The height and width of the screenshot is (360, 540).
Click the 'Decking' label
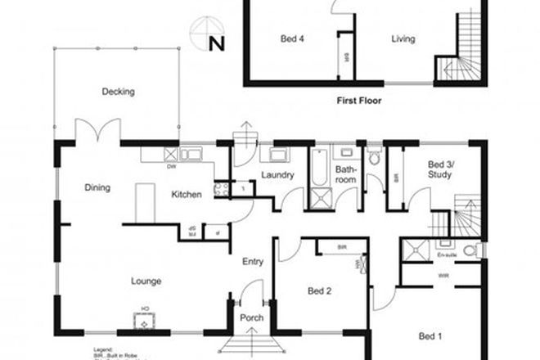coord(118,92)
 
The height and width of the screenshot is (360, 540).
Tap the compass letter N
coord(216,44)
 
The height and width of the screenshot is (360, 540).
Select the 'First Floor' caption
coord(359,102)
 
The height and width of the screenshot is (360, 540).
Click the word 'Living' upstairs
coord(403,38)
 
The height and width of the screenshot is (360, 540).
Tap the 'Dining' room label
coord(97,188)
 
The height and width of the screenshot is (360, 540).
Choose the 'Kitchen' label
coord(187,195)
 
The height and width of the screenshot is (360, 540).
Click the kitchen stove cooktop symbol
coord(220,189)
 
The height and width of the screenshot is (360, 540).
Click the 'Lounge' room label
coord(146,281)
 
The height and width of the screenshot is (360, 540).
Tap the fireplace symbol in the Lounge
coord(144,320)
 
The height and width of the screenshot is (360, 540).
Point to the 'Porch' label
coord(250,318)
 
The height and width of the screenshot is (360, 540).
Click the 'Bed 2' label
coord(318,290)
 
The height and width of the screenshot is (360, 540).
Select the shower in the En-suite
coord(419,250)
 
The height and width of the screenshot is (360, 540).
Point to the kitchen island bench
coord(146,200)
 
